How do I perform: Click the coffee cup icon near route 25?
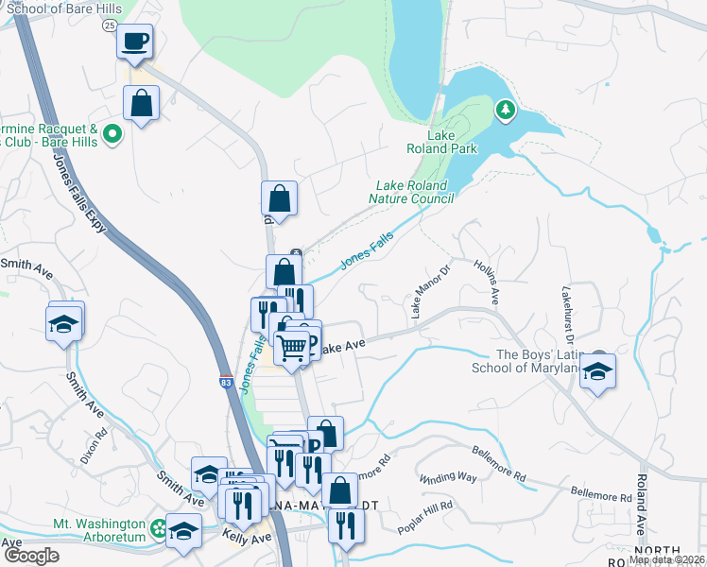point(134,42)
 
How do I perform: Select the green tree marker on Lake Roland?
point(507,111)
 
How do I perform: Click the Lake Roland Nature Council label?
point(415,192)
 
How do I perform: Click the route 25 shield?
point(111,25)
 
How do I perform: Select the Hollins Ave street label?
point(487,283)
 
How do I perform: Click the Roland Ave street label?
point(641,510)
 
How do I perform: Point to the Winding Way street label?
point(449,477)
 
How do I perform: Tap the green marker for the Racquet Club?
point(113,134)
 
